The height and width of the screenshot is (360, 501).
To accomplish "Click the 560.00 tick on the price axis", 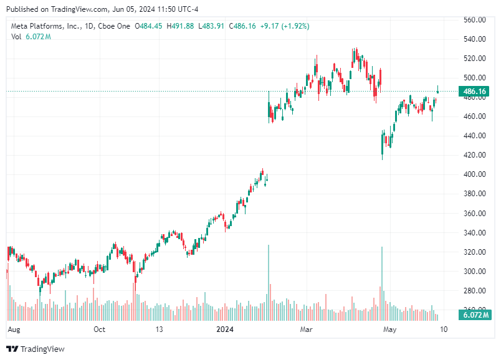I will click(475, 20).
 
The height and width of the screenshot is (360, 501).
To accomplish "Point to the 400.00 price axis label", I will click(475, 174).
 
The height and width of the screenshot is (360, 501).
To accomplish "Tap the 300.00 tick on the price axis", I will click(475, 272).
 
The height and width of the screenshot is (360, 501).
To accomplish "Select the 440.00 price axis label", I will click(475, 136).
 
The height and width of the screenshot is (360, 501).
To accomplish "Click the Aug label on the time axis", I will click(14, 329).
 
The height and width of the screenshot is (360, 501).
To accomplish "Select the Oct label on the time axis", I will click(99, 329).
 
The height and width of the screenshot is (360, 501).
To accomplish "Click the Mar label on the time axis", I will click(306, 329).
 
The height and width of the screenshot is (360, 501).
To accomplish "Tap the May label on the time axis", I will click(389, 329).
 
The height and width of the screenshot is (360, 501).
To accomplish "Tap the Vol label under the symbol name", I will click(16, 37).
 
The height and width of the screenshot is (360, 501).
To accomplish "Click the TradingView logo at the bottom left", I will click(36, 349).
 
